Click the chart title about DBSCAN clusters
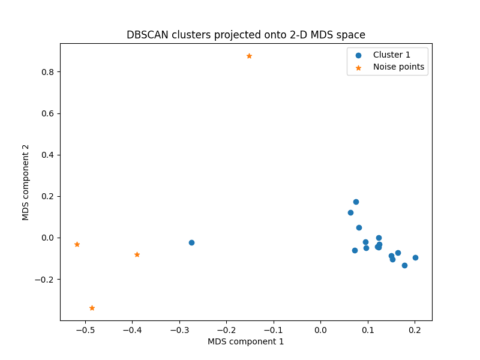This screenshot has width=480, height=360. pos(245,35)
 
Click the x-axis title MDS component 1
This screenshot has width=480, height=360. pos(245,341)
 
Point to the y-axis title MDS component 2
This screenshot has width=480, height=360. pos(26,182)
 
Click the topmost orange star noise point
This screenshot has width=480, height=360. pos(249,56)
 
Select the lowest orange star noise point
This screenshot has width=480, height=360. pos(92,308)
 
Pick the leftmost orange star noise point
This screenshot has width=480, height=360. pos(77,244)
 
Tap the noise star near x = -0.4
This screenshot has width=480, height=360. pos(137,254)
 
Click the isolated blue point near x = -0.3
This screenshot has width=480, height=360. pos(191,242)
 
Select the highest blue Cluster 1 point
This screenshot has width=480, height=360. pos(356,202)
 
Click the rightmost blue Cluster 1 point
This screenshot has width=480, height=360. pos(415,257)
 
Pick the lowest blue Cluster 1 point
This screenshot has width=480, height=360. pos(404,265)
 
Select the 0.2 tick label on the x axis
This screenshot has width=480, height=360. pos(415,330)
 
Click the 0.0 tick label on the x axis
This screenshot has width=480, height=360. pos(320,330)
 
